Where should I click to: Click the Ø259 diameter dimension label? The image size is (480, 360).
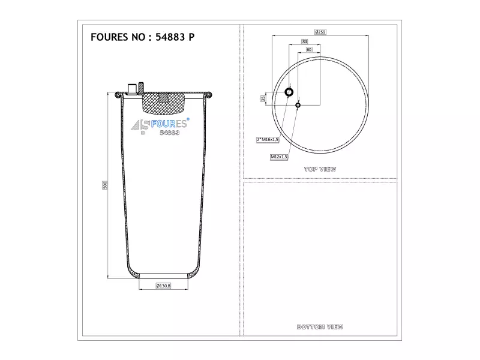pyautogui.click(x=320, y=32)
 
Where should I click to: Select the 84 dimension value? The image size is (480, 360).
pyautogui.click(x=305, y=41)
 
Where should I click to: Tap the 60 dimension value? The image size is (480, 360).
pyautogui.click(x=309, y=50)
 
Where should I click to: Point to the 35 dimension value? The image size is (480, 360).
pyautogui.click(x=263, y=98)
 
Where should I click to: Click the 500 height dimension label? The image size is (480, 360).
pyautogui.click(x=105, y=185)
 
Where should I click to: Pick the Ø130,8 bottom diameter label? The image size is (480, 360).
pyautogui.click(x=163, y=286)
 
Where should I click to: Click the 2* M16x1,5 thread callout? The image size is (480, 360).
pyautogui.click(x=268, y=140)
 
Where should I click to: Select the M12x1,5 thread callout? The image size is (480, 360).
pyautogui.click(x=279, y=157)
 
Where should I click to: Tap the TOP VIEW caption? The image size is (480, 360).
pyautogui.click(x=320, y=169)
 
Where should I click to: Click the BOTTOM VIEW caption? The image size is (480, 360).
pyautogui.click(x=320, y=327)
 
